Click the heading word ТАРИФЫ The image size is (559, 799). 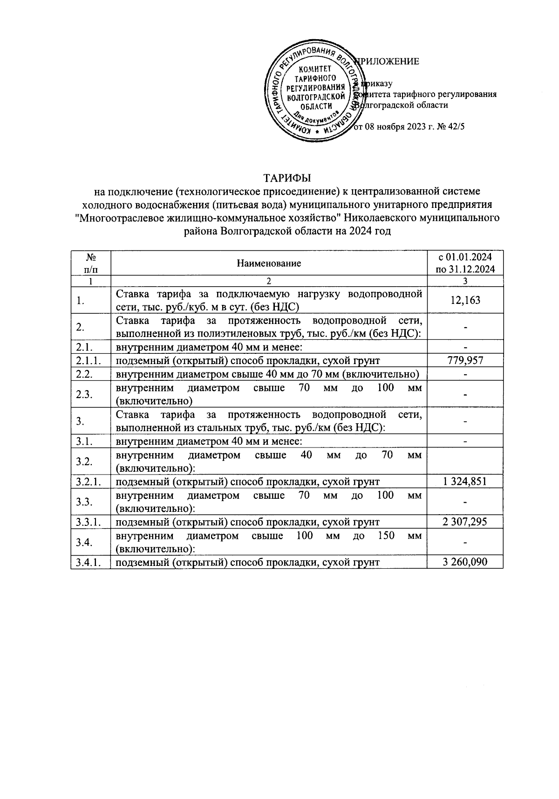coord(287,178)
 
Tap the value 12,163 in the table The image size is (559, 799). coord(465,300)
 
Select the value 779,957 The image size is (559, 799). coord(465,360)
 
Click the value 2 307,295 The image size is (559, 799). coord(465,522)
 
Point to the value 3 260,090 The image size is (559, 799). coord(465,562)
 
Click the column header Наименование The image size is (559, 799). coord(269,263)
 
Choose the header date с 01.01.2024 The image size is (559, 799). coord(465,257)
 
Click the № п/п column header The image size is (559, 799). coord(91,263)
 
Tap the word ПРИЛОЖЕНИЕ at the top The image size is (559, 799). coord(389,62)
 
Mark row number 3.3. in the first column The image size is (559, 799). coord(84,502)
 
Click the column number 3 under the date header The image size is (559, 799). coord(465,281)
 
